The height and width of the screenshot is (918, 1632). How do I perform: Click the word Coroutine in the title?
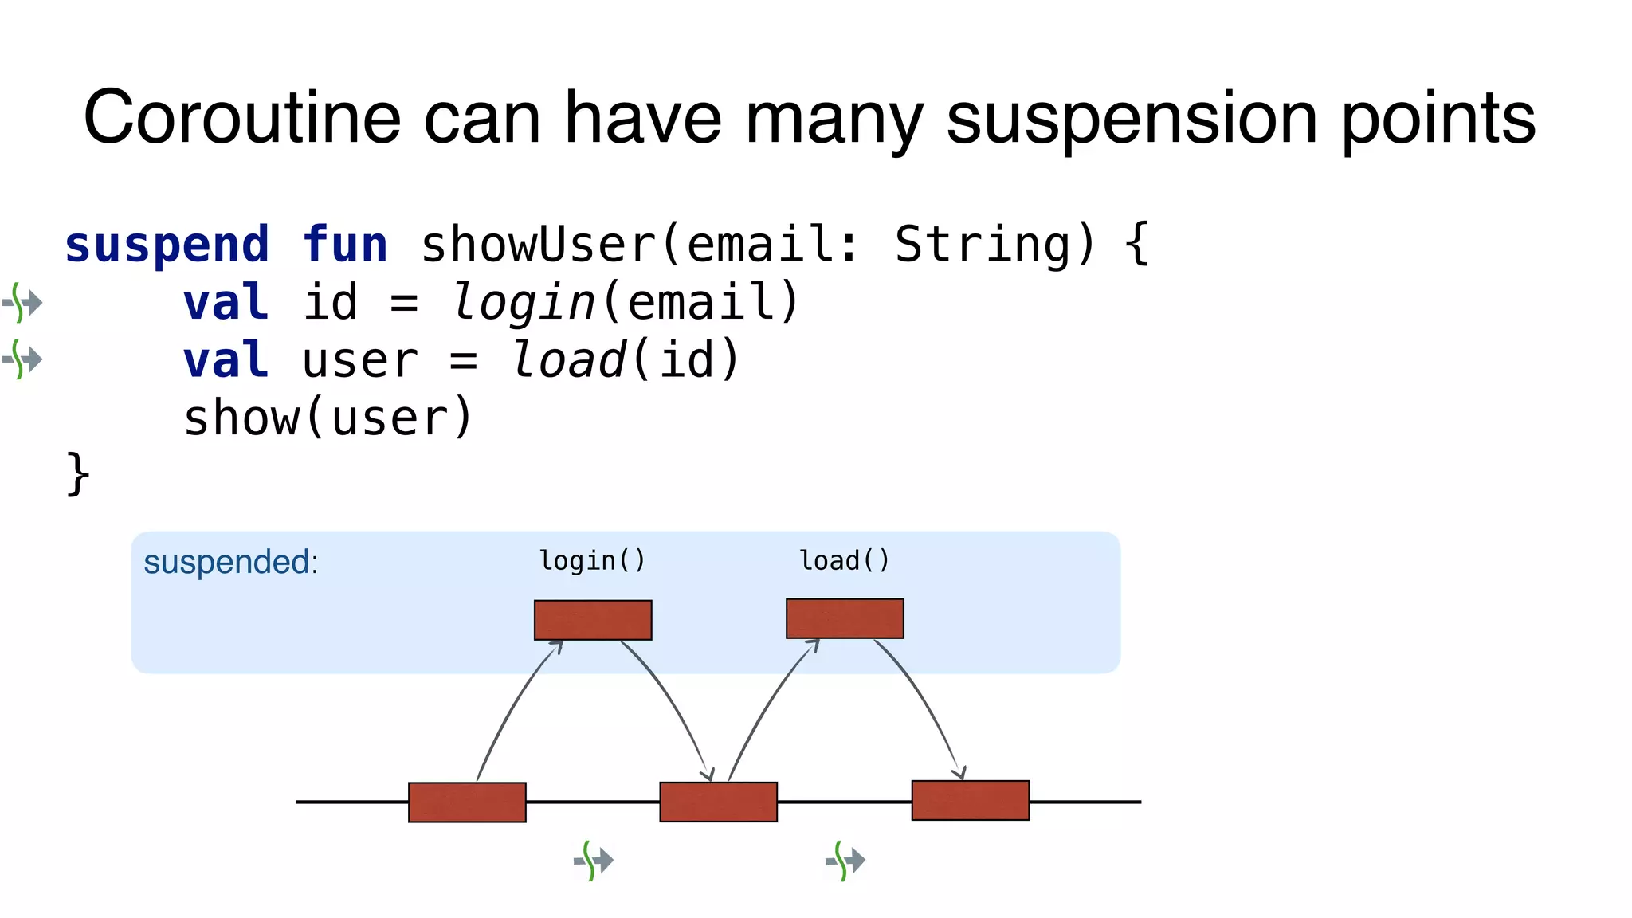[242, 118]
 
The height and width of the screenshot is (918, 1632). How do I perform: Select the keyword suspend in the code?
[167, 245]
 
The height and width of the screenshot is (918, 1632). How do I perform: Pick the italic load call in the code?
[568, 360]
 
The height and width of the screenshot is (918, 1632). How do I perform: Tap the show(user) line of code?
[328, 418]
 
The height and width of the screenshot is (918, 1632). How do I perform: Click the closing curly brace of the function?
[77, 474]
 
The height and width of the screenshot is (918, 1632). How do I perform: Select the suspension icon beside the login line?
[22, 303]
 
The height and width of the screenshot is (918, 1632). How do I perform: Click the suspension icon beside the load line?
[22, 359]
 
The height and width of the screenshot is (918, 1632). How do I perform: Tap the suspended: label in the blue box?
[230, 562]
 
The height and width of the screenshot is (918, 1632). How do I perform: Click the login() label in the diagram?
[592, 561]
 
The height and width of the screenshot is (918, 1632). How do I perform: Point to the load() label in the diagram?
[845, 561]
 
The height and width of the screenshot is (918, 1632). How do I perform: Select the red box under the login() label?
[593, 620]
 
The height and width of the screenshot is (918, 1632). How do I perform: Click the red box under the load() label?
[845, 618]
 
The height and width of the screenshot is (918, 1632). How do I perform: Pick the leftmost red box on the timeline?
[467, 802]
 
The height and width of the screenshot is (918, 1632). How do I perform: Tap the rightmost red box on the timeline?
[971, 800]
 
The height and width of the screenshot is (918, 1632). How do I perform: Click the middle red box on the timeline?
[719, 802]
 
